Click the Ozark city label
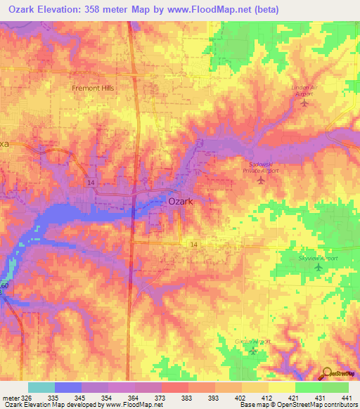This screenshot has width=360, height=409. pyautogui.click(x=181, y=201)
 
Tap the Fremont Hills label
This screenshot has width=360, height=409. pyautogui.click(x=93, y=89)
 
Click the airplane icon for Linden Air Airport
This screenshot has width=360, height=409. pyautogui.click(x=304, y=103)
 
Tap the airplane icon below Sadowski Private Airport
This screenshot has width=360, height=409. pyautogui.click(x=262, y=181)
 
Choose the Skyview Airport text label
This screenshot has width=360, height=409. pyautogui.click(x=318, y=258)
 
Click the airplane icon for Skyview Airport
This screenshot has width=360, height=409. pyautogui.click(x=319, y=267)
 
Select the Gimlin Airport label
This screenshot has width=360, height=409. pyautogui.click(x=252, y=342)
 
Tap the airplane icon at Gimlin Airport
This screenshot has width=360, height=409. pyautogui.click(x=253, y=351)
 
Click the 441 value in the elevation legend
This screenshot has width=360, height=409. pyautogui.click(x=347, y=398)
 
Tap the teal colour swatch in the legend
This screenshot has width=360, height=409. pyautogui.click(x=41, y=387)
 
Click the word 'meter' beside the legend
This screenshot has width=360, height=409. pyautogui.click(x=9, y=398)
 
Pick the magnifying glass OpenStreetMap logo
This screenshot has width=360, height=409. pyautogui.click(x=328, y=372)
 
